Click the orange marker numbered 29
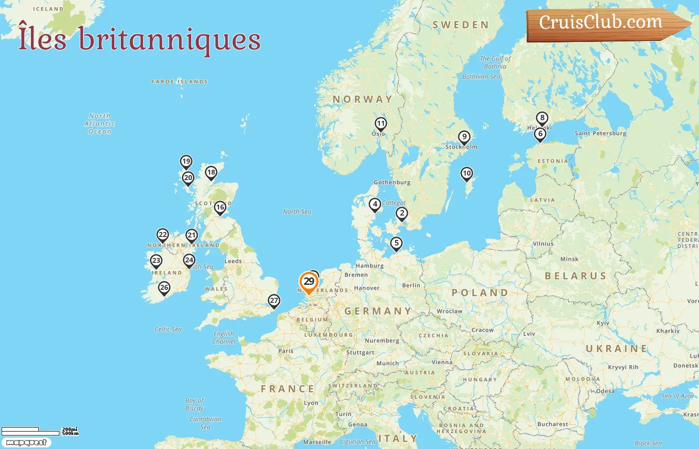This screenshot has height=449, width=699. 309,282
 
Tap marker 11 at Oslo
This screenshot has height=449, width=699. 381,124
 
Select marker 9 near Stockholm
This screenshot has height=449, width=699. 464,137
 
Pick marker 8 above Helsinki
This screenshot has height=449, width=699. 542,118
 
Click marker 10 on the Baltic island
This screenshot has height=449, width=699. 466,174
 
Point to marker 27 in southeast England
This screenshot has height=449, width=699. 274,300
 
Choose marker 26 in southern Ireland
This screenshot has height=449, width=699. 164,288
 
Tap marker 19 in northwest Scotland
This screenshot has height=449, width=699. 186,161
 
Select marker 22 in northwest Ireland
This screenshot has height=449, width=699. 163,235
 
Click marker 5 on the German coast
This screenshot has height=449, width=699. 396,243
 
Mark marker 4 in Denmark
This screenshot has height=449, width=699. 375,204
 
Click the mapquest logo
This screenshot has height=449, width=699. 26,443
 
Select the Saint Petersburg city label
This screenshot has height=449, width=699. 600,133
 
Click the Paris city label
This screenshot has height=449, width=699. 286,351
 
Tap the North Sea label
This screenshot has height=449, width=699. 297,212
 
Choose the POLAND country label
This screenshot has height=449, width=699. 480,292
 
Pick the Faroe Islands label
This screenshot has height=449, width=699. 180,81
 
